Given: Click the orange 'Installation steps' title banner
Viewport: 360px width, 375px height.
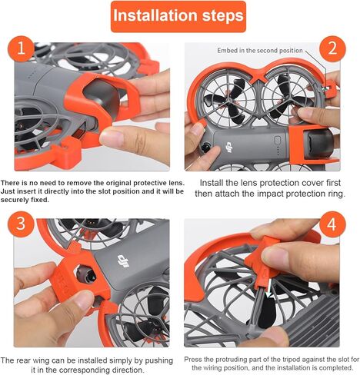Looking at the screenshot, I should [178, 15].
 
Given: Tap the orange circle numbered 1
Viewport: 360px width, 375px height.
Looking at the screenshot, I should [21, 51].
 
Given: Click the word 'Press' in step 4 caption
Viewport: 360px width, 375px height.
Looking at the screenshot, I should [195, 359].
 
